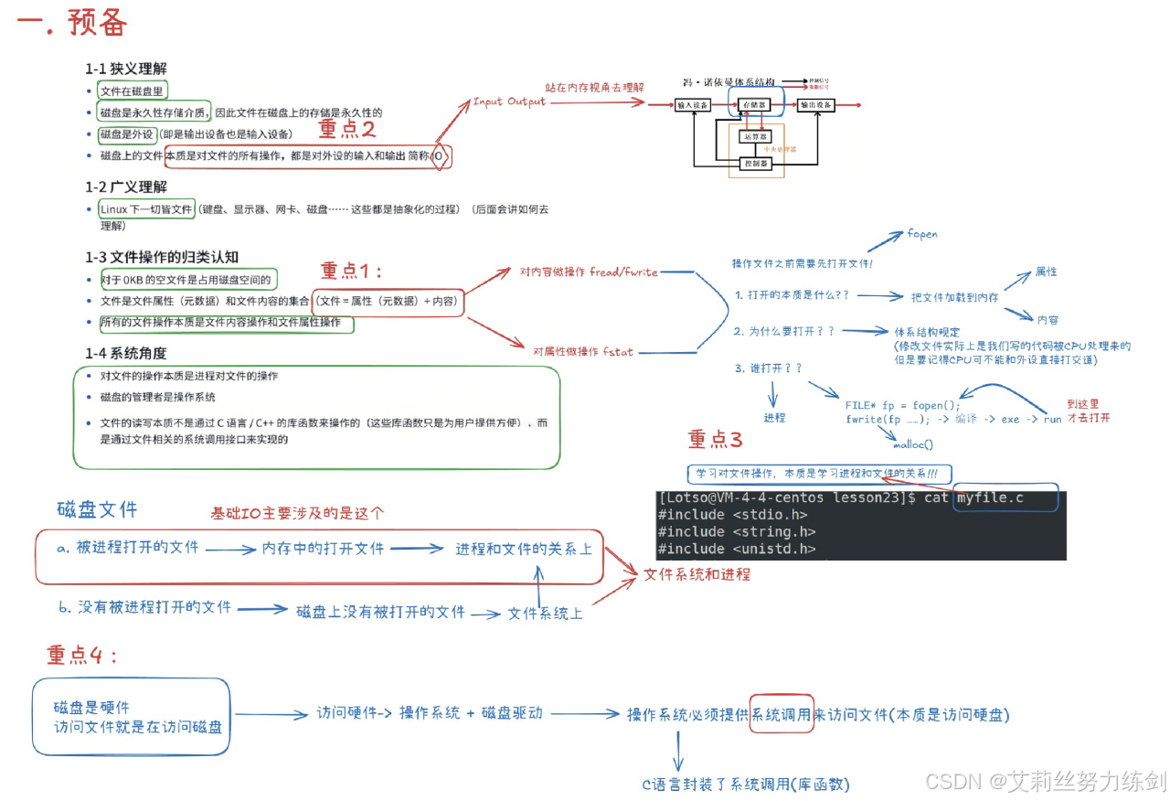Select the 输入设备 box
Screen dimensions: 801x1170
[693, 105]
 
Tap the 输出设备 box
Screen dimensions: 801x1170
[814, 105]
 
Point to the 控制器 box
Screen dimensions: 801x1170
[756, 165]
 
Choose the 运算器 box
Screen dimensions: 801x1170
[756, 136]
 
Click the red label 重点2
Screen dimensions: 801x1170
[346, 129]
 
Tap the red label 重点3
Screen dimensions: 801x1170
[715, 439]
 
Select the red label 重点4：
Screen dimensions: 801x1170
[82, 655]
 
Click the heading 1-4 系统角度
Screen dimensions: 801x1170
[126, 353]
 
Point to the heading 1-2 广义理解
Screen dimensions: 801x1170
[126, 187]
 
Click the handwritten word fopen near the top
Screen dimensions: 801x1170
[921, 234]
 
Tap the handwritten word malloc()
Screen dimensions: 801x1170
[912, 445]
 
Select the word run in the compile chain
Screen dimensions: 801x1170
[1052, 420]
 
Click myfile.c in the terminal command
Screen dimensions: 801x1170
[991, 498]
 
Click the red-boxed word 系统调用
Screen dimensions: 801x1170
[782, 714]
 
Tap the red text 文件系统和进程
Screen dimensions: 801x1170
[697, 574]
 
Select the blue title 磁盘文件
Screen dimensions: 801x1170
[97, 509]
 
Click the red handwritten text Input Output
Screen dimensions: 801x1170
[508, 101]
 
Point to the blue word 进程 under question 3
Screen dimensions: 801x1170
[774, 417]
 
